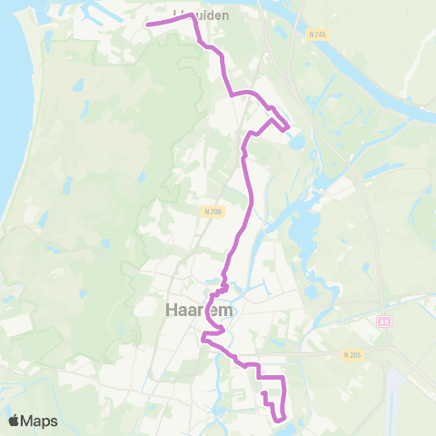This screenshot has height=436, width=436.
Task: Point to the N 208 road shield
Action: click(213, 212)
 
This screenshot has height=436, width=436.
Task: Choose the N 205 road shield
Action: click(352, 354)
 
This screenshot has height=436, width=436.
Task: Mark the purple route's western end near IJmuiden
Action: click(146, 25)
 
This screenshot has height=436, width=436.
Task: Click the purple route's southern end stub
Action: click(263, 393)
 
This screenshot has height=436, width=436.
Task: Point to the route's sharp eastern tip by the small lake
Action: click(288, 129)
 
